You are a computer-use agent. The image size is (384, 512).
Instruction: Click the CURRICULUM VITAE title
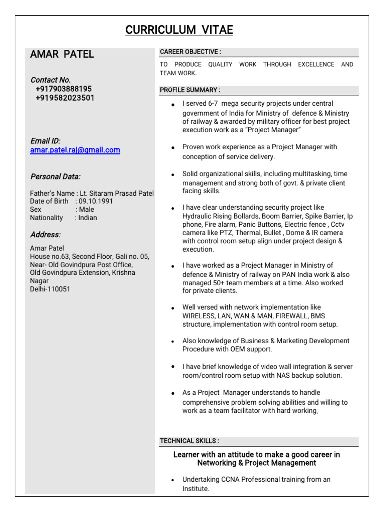[x=179, y=30]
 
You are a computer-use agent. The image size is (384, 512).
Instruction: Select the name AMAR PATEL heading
[x=62, y=54]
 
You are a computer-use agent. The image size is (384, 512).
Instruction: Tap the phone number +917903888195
[x=64, y=89]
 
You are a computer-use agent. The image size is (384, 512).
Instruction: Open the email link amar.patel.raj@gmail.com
[x=75, y=150]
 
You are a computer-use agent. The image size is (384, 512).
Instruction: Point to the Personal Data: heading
[x=55, y=176]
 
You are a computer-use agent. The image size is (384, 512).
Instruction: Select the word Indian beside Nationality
[x=88, y=218]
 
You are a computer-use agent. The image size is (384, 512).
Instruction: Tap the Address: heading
[x=45, y=234]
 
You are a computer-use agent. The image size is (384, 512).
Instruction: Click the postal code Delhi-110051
[x=50, y=289]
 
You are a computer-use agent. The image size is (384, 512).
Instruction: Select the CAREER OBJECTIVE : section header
[x=190, y=52]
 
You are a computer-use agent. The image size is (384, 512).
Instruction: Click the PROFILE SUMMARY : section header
[x=190, y=90]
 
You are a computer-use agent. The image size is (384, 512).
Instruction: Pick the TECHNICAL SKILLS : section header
[x=189, y=441]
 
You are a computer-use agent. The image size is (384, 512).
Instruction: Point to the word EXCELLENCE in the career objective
[x=316, y=64]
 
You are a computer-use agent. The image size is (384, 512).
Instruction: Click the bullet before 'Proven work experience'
[x=172, y=148]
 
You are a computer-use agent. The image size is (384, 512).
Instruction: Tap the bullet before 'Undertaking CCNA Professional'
[x=172, y=480]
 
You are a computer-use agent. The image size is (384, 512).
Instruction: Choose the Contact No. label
[x=50, y=80]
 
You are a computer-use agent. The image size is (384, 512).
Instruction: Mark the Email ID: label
[x=45, y=141]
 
